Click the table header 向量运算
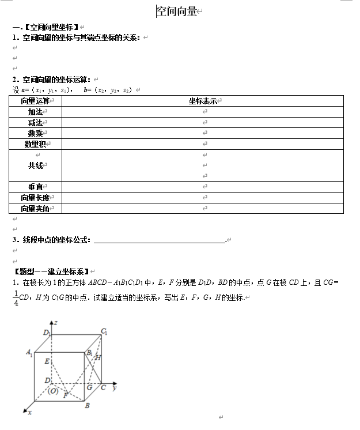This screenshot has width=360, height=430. (35, 101)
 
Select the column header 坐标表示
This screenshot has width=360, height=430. (203, 101)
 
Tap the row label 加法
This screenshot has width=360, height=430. (35, 112)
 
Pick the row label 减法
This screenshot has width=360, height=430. (35, 123)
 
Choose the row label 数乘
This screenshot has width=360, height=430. (35, 134)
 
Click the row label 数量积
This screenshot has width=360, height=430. (35, 144)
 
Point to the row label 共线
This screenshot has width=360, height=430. (35, 165)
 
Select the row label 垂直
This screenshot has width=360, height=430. (35, 187)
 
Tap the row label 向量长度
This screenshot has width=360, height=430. (35, 198)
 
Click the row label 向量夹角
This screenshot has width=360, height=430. (35, 208)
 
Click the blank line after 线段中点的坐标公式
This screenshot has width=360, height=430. (159, 240)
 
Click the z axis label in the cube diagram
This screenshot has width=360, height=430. (56, 326)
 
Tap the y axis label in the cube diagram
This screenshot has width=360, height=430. (115, 388)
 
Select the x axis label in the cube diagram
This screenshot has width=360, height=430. (30, 413)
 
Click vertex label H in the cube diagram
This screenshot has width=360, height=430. (98, 358)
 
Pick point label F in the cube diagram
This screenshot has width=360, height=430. (66, 395)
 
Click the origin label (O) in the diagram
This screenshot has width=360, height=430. (54, 390)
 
